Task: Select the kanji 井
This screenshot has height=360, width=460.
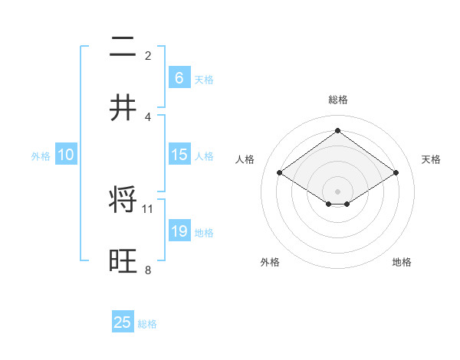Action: (x=123, y=107)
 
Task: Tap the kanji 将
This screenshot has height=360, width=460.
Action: (x=123, y=201)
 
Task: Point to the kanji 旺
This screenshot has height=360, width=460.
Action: (x=123, y=260)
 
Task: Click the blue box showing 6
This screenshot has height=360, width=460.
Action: (x=179, y=77)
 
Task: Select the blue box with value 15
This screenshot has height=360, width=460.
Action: (x=179, y=155)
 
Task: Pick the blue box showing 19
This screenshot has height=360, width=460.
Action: (x=179, y=231)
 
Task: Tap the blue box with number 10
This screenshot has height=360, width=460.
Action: (x=66, y=155)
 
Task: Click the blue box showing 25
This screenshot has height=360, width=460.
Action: (x=123, y=322)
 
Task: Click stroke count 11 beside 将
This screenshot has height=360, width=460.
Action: (x=148, y=208)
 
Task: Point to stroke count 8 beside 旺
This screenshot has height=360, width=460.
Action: (x=148, y=269)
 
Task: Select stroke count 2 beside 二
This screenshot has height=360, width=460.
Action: (x=148, y=55)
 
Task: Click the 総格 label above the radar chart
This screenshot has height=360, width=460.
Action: (x=337, y=100)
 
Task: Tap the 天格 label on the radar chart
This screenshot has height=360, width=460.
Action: (x=431, y=159)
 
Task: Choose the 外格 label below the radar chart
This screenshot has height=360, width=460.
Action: (x=270, y=262)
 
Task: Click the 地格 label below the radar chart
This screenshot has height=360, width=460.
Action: (x=402, y=262)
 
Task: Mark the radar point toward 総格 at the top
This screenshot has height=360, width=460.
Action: (x=337, y=131)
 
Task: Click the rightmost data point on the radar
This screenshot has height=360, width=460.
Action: (x=396, y=173)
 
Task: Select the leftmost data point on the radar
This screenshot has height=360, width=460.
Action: (x=280, y=173)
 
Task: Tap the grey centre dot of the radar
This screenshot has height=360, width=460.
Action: (x=337, y=191)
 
